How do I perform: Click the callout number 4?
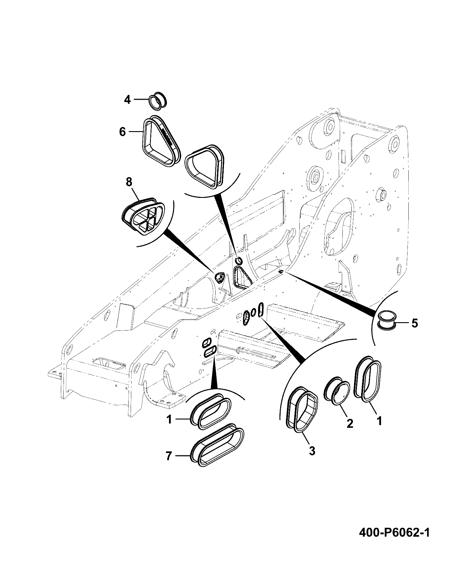point(127,100)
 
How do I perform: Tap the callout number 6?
point(122,132)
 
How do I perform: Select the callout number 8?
point(129,182)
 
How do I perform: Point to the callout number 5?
point(415,323)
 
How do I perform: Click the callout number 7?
point(169,464)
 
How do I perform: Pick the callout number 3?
point(312,460)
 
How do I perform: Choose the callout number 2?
point(350,424)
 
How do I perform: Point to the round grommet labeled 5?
point(386,320)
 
